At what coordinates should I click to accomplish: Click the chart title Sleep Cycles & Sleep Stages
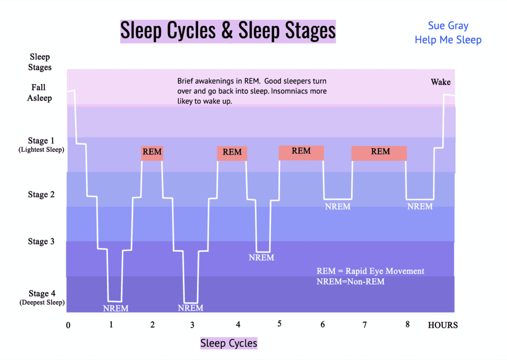point(228,31)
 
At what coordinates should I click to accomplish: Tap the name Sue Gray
point(448,26)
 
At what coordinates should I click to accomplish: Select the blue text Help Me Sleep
point(448,40)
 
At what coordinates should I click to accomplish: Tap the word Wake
point(440,82)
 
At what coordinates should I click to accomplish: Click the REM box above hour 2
point(152,153)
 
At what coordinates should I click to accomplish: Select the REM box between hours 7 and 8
point(380,152)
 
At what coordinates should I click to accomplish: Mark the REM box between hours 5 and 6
point(301,152)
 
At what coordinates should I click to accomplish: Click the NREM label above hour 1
point(115,309)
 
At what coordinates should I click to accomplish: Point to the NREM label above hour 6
point(338,206)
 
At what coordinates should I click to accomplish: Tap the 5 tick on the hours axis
point(279,324)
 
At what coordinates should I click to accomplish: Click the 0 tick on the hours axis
point(68,325)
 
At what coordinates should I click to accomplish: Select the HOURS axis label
point(443,325)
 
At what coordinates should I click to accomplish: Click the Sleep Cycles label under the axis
point(229,343)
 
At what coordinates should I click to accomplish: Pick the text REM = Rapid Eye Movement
point(370,271)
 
